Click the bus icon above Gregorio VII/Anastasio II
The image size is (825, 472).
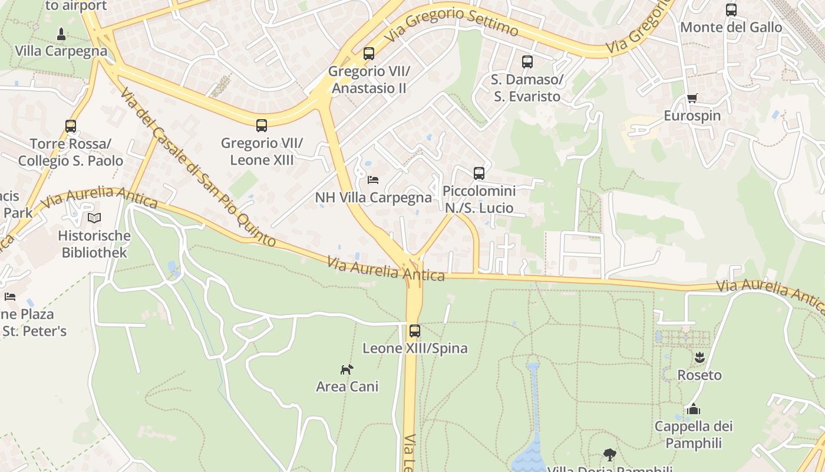click(369, 54)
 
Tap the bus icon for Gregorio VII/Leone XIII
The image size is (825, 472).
click(262, 125)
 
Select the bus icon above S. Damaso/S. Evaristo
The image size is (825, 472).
click(527, 62)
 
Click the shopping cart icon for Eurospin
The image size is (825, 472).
click(692, 98)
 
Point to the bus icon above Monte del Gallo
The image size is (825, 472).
click(731, 9)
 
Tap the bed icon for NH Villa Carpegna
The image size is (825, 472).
click(372, 179)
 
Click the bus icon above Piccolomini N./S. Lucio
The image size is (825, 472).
click(479, 173)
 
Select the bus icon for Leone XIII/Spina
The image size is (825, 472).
click(415, 330)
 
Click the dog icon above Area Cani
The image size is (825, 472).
click(347, 369)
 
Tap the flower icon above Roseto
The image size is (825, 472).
click(699, 357)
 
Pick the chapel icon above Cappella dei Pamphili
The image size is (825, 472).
click(694, 409)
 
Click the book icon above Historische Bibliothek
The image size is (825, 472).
click(94, 218)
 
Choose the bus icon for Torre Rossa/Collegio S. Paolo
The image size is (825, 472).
click(71, 126)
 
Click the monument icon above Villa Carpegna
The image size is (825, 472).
click(61, 33)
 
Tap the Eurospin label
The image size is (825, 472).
click(692, 116)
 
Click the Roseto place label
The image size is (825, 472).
click(699, 375)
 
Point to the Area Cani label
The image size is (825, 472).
click(347, 387)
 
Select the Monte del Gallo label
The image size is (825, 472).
click(731, 27)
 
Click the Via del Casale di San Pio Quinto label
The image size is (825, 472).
click(197, 168)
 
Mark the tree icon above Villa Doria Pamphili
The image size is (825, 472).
click(610, 455)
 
